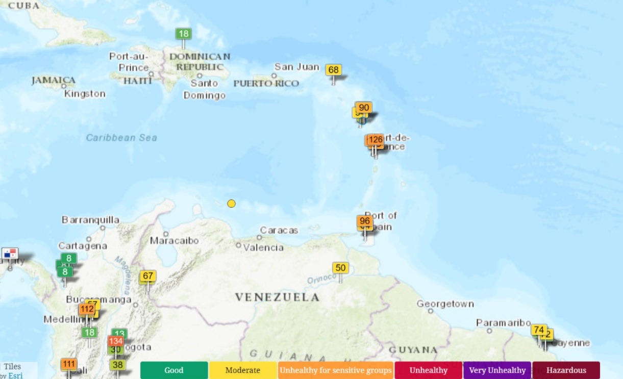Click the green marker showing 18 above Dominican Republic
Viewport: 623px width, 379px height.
184,34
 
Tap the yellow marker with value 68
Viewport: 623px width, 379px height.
334,70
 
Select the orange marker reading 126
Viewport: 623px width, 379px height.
376,140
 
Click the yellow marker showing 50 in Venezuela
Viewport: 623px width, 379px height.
340,268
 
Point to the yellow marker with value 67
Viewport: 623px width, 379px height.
148,276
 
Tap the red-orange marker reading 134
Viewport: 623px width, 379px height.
116,341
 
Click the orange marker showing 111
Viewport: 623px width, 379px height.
69,364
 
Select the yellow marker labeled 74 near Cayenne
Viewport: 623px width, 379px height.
538,330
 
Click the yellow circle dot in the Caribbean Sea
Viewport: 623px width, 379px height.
231,204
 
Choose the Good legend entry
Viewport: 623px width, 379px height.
174,370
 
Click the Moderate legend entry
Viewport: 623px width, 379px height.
243,370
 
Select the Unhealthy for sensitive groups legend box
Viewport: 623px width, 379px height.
336,370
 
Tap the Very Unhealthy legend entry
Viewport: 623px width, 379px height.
497,370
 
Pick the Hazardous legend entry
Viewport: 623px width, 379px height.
566,370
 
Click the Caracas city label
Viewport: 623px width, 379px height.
279,231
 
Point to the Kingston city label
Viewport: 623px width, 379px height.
85,94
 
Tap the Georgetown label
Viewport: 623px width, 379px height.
445,304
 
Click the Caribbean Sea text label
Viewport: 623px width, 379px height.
121,138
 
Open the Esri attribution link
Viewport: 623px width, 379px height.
15,375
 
